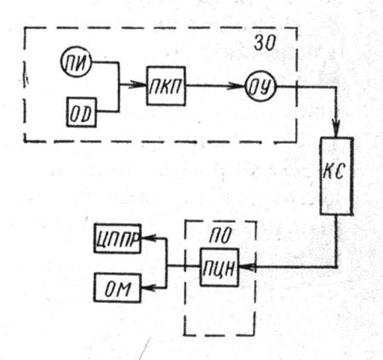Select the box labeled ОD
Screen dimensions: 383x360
pyautogui.click(x=82, y=112)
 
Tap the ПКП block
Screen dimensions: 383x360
pyautogui.click(x=166, y=86)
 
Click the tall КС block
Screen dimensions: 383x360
pyautogui.click(x=337, y=176)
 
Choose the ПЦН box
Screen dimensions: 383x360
pyautogui.click(x=220, y=267)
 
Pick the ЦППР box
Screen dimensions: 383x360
pyautogui.click(x=117, y=238)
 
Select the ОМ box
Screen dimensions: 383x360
pyautogui.click(x=117, y=288)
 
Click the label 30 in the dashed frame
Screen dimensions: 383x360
pyautogui.click(x=265, y=43)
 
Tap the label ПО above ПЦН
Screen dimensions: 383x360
pyautogui.click(x=220, y=236)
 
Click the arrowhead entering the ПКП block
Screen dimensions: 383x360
pyautogui.click(x=138, y=84)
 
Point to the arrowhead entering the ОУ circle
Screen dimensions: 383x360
pyautogui.click(x=237, y=86)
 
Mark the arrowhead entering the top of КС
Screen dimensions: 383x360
pyautogui.click(x=336, y=129)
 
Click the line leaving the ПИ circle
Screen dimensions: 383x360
pyautogui.click(x=118, y=63)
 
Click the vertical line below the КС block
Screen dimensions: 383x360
pyautogui.click(x=337, y=241)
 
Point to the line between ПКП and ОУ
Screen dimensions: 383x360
pyautogui.click(x=215, y=86)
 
